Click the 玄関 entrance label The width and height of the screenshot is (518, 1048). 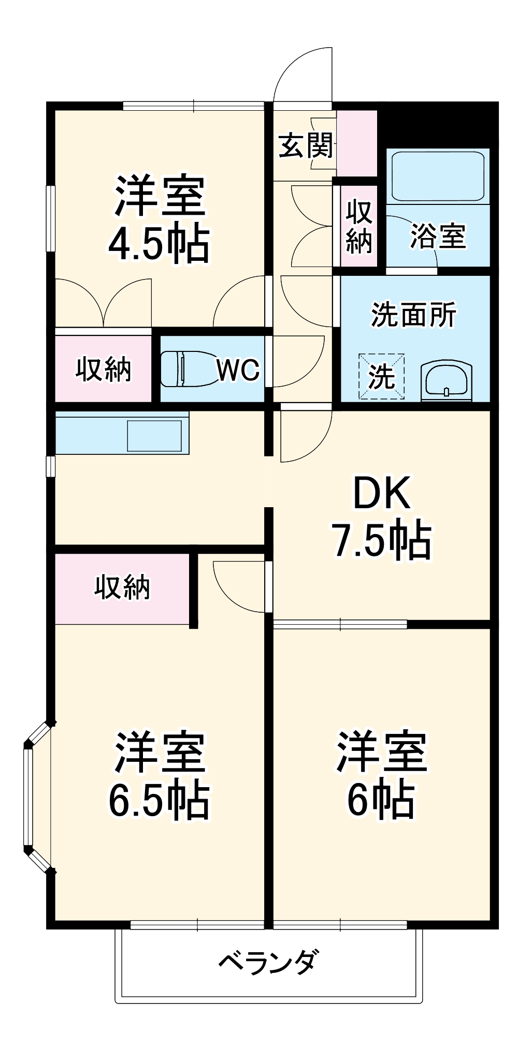306,145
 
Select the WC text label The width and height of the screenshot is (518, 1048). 238,370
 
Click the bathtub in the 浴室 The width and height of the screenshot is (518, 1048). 438,176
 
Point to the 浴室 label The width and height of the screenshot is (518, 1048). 438,236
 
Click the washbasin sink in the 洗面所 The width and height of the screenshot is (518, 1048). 447,381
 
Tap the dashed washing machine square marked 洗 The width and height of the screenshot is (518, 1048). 381,376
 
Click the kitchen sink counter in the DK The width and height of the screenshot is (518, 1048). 122,433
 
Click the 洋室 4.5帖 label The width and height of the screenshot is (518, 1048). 160,219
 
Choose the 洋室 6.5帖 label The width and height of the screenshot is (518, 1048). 160,775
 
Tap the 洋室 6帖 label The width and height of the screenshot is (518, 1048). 381,775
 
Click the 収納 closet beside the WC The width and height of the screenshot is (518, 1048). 103,369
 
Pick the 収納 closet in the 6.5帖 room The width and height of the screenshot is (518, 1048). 122,588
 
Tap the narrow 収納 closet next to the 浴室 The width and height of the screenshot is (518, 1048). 359,226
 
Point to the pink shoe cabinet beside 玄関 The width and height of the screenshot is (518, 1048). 356,143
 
